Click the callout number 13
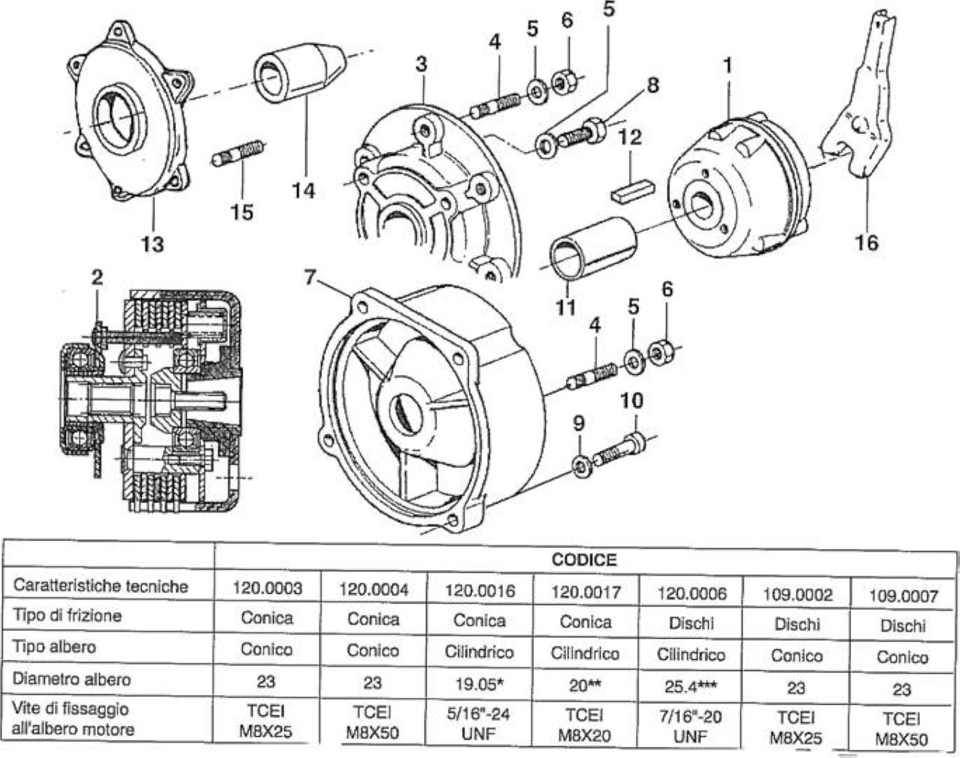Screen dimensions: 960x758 pyautogui.click(x=152, y=244)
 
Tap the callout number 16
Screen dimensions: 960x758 pyautogui.click(x=867, y=243)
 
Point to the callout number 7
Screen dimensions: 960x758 pyautogui.click(x=310, y=277)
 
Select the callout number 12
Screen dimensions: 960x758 pyautogui.click(x=629, y=137)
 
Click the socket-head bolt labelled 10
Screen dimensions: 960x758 pyautogui.click(x=621, y=451)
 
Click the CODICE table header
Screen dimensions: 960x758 pyautogui.click(x=584, y=559)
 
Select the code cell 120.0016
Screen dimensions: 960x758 pyautogui.click(x=480, y=592)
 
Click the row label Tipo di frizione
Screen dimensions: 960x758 pyautogui.click(x=67, y=616)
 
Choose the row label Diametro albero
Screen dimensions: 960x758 pyautogui.click(x=71, y=679)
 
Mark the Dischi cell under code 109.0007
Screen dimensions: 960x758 pyautogui.click(x=903, y=626)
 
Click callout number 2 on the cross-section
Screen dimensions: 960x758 pyautogui.click(x=97, y=277)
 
